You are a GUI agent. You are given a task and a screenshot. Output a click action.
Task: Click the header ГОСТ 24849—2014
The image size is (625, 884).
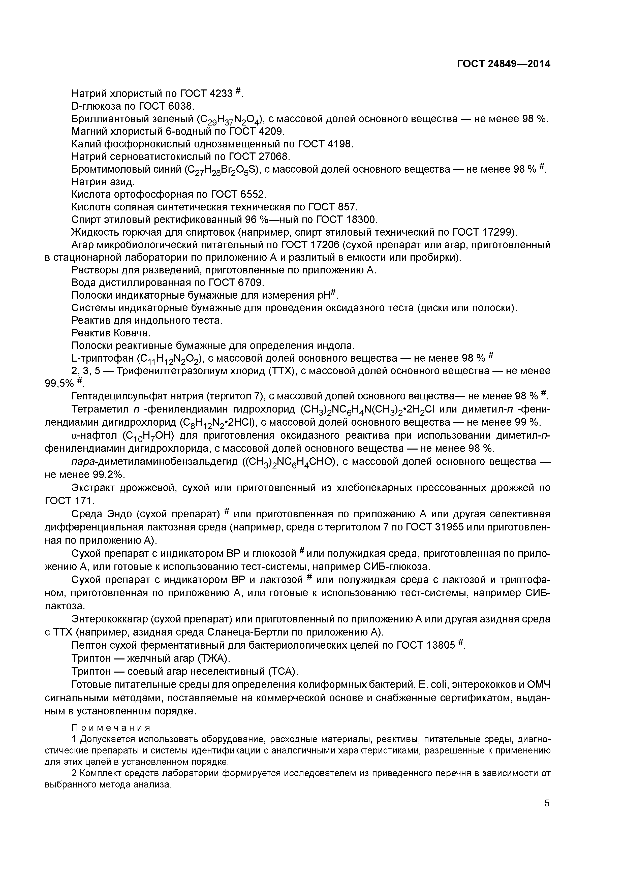tap(503, 64)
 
